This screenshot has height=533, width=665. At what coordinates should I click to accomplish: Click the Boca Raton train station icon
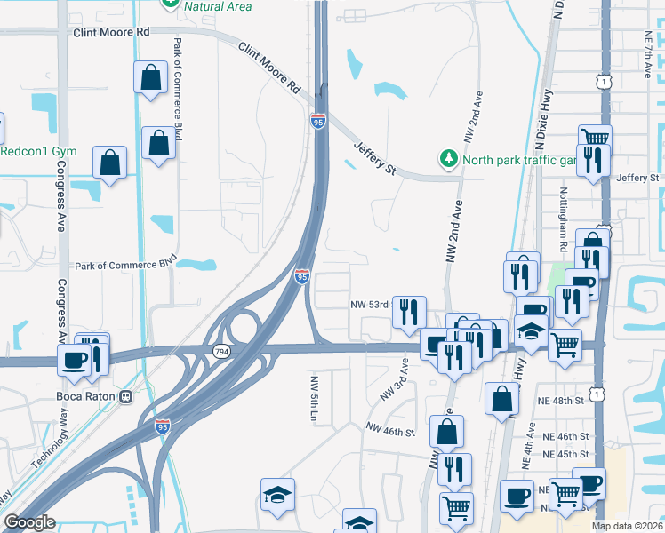click(x=125, y=395)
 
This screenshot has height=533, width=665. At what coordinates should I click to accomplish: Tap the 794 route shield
click(x=218, y=353)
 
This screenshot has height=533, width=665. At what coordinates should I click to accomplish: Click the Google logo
click(x=29, y=523)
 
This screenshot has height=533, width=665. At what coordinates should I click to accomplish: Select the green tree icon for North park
click(x=448, y=160)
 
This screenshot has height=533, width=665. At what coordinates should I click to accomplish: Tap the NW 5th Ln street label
click(x=314, y=397)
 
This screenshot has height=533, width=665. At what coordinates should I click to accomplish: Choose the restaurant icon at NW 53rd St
click(x=409, y=311)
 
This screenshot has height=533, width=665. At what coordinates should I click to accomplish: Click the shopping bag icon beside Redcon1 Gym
click(x=111, y=162)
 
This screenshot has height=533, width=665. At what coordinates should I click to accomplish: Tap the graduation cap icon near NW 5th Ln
click(x=277, y=494)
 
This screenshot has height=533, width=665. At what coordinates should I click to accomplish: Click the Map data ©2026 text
click(x=628, y=526)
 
